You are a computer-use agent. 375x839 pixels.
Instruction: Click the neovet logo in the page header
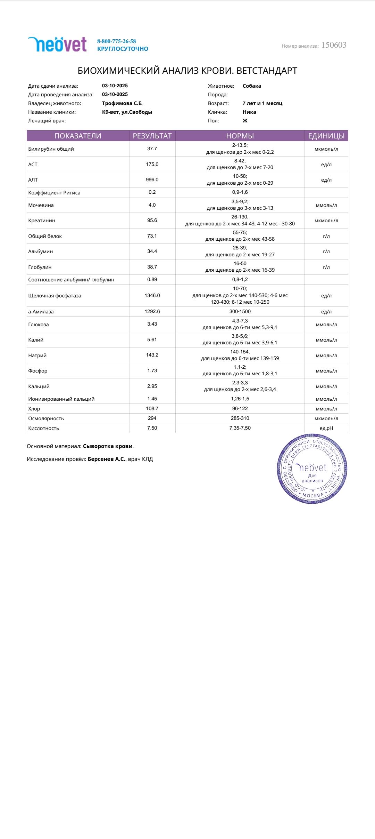tap(57, 45)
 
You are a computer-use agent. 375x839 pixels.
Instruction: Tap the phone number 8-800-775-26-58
tap(116, 41)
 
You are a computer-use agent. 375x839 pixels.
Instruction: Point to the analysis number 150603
tap(334, 45)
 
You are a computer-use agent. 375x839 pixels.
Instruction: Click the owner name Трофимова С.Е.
tap(122, 103)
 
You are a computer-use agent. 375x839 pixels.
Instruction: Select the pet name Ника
tap(249, 112)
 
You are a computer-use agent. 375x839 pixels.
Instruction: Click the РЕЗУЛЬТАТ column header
tap(152, 136)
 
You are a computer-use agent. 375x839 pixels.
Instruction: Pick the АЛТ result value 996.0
tap(152, 179)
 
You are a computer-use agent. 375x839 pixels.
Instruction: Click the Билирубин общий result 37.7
tap(152, 149)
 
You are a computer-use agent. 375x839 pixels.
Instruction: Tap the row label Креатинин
tap(42, 221)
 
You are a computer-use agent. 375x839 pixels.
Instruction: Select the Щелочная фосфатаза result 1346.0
tap(152, 295)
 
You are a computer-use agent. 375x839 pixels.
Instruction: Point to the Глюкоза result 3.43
tap(152, 324)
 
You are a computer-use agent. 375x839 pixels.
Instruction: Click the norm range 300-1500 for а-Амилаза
tap(240, 312)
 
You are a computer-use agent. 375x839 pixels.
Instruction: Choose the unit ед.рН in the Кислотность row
tap(326, 428)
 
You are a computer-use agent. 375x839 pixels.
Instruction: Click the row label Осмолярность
tap(46, 418)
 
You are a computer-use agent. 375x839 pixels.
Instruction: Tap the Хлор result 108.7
tap(152, 408)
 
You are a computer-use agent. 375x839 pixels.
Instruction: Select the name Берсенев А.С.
tap(106, 459)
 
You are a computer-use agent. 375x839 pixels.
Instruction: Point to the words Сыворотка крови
tap(108, 446)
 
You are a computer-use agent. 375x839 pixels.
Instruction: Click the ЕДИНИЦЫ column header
tap(326, 136)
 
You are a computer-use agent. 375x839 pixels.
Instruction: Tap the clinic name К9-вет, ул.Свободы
tap(127, 112)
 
